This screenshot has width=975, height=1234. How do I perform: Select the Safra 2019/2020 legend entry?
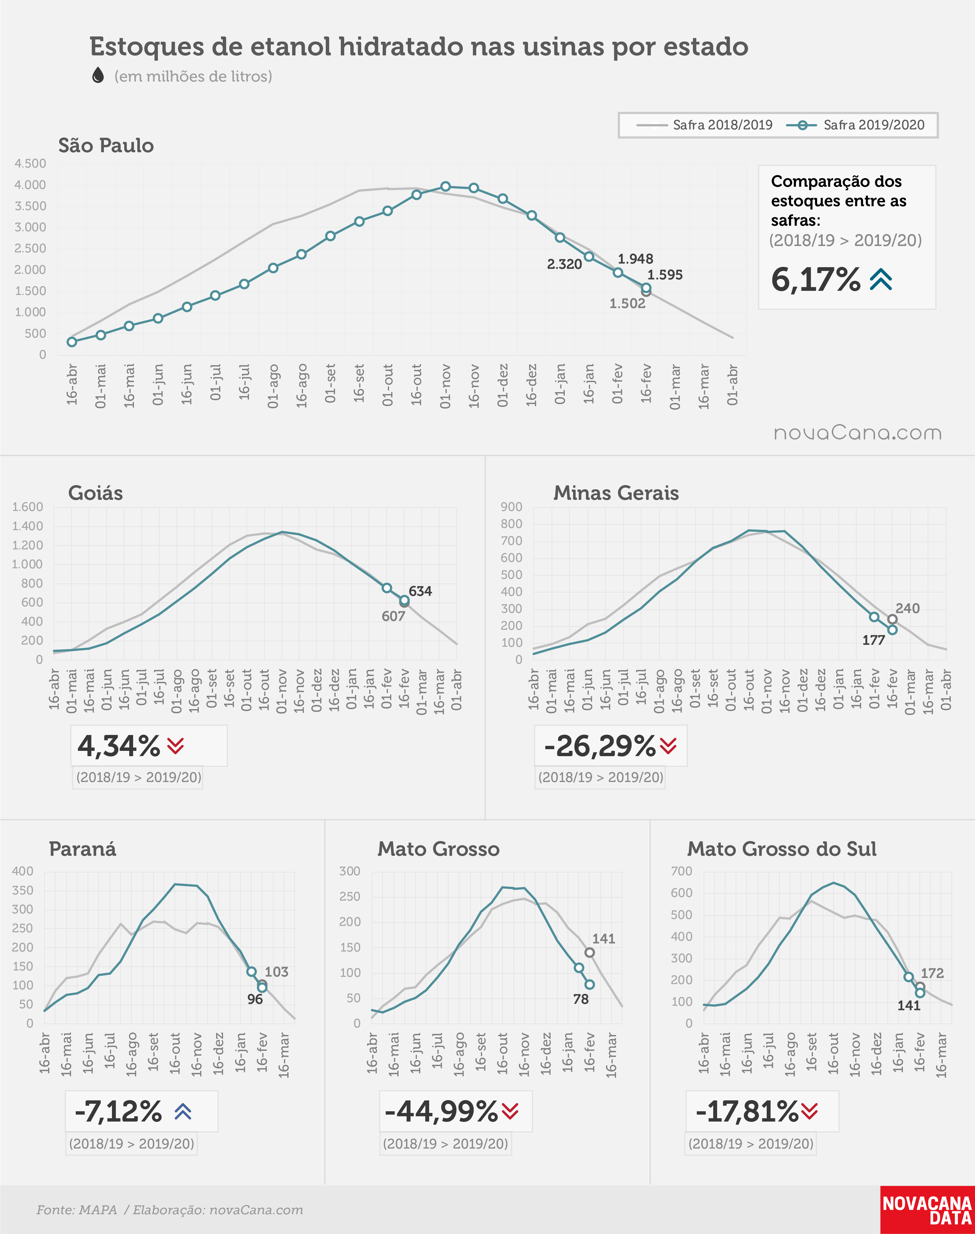pos(855,125)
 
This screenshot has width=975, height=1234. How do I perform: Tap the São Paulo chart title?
pos(106,146)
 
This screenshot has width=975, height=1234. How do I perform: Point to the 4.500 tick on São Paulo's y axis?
pos(30,164)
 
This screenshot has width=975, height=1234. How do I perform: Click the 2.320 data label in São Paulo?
pos(564,264)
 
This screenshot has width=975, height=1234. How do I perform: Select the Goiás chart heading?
pos(95,493)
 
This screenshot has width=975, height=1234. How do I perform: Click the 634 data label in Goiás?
pos(420,591)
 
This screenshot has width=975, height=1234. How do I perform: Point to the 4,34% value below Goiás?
pos(119,746)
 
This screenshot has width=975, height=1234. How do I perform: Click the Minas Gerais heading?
pos(616,493)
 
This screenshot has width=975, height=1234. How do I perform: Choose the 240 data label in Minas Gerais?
pos(908,608)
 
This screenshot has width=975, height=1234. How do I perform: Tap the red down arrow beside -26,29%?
pos(668,745)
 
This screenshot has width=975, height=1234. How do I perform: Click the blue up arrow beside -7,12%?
pos(183,1111)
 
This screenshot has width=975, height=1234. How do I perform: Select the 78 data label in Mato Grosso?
pos(581,999)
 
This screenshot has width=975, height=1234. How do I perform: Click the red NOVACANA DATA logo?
pos(927,1210)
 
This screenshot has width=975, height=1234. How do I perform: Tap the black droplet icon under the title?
pos(98,75)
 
